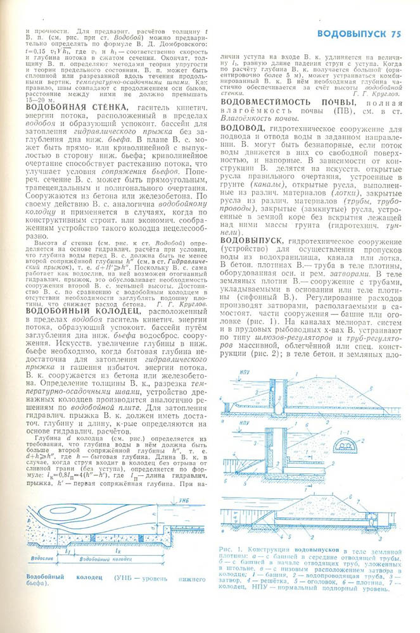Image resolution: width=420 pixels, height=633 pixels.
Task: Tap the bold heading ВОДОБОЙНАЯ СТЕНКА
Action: (x=72, y=108)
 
